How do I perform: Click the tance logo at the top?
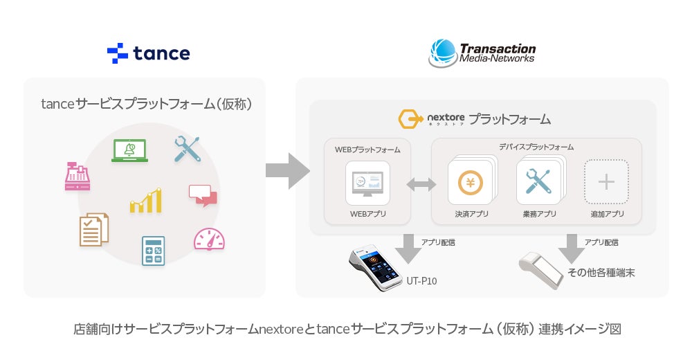coord(148,53)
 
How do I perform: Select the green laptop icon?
coord(129,150)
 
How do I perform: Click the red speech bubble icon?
coord(203,195)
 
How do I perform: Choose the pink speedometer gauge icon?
coord(209,239)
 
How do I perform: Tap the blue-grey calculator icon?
coord(153,251)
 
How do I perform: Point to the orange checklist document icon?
coord(94,230)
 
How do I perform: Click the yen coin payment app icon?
coord(470,183)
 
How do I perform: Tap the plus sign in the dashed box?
coord(606,182)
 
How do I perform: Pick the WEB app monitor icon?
coord(367,183)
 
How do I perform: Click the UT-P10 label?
coord(421,281)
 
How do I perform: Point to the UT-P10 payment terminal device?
coord(376,268)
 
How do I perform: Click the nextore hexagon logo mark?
coord(410,120)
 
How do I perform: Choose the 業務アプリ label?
coord(539,214)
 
